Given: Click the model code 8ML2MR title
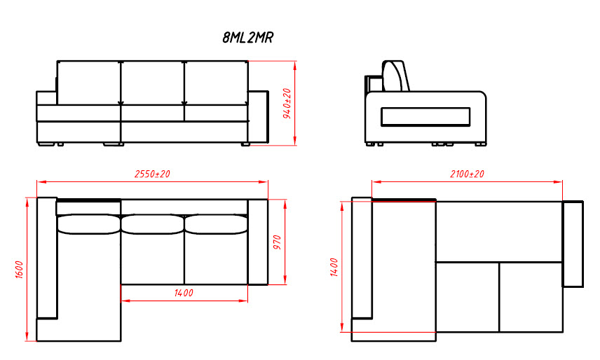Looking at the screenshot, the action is pyautogui.click(x=247, y=37).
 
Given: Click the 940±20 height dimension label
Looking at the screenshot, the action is pyautogui.click(x=287, y=103).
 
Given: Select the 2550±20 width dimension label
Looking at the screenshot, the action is pyautogui.click(x=152, y=174).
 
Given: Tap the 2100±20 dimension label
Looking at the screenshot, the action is pyautogui.click(x=467, y=174).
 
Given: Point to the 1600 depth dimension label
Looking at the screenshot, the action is pyautogui.click(x=20, y=270).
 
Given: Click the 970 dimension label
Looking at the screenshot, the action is pyautogui.click(x=277, y=242).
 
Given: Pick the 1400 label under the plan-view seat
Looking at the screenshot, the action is pyautogui.click(x=184, y=293).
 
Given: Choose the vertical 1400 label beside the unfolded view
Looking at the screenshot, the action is pyautogui.click(x=334, y=267).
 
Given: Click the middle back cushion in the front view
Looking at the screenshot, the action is pyautogui.click(x=153, y=82).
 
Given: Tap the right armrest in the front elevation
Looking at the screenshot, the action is pyautogui.click(x=258, y=117).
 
